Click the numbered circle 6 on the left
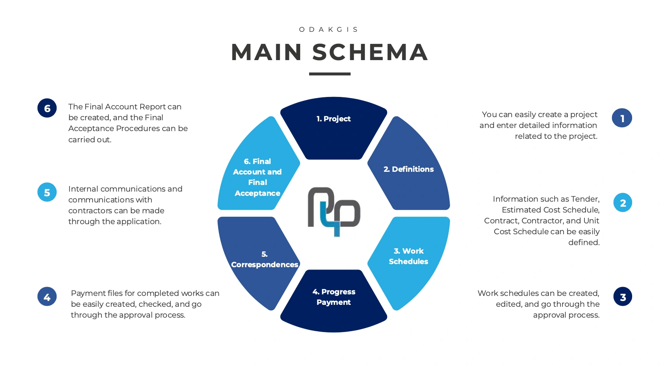pos(47,108)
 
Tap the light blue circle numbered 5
pos(47,192)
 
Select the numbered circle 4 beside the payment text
pos(47,297)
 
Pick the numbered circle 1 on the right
pos(622,118)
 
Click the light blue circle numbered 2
pos(622,203)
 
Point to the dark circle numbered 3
pos(622,297)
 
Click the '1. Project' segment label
pos(333,119)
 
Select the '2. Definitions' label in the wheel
pos(409,169)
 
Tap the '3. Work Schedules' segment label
pos(409,256)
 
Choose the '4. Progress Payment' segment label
pos(333,297)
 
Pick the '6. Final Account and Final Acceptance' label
pos(258,177)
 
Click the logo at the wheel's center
pos(334,212)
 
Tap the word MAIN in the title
pos(266,52)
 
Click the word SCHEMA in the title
pos(370,52)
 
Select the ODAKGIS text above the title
pos(329,29)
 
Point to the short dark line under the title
pos(330,74)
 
